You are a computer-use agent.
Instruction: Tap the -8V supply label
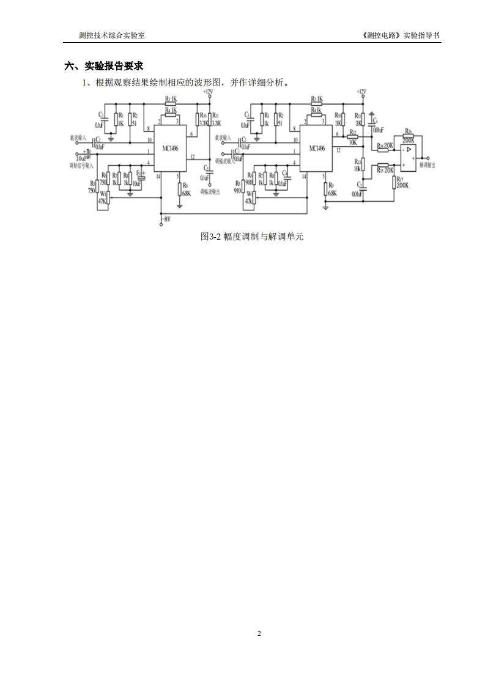click(166, 218)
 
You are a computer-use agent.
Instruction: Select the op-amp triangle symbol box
click(407, 158)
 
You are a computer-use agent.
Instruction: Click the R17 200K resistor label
click(402, 182)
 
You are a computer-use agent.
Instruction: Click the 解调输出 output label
click(428, 165)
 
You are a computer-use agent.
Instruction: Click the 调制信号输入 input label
click(81, 165)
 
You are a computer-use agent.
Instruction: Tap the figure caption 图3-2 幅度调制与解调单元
click(252, 237)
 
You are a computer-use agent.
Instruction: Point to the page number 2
click(259, 633)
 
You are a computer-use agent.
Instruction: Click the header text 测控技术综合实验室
click(112, 35)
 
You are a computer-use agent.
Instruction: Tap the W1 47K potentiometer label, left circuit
click(102, 197)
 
